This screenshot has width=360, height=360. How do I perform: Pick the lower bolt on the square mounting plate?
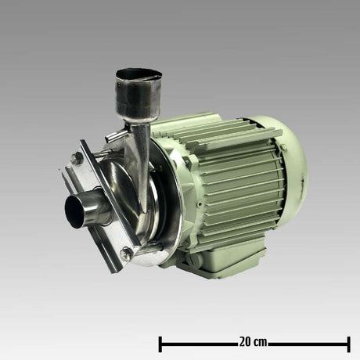(x=125, y=253)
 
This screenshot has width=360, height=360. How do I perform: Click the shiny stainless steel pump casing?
(x=157, y=211)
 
